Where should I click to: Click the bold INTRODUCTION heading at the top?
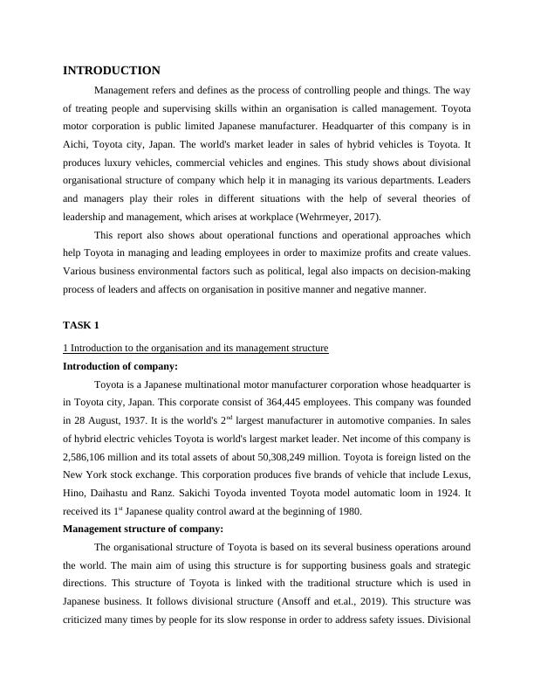(112, 71)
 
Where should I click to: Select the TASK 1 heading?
(81, 325)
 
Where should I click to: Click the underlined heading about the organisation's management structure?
(195, 348)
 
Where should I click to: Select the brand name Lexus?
(455, 474)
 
